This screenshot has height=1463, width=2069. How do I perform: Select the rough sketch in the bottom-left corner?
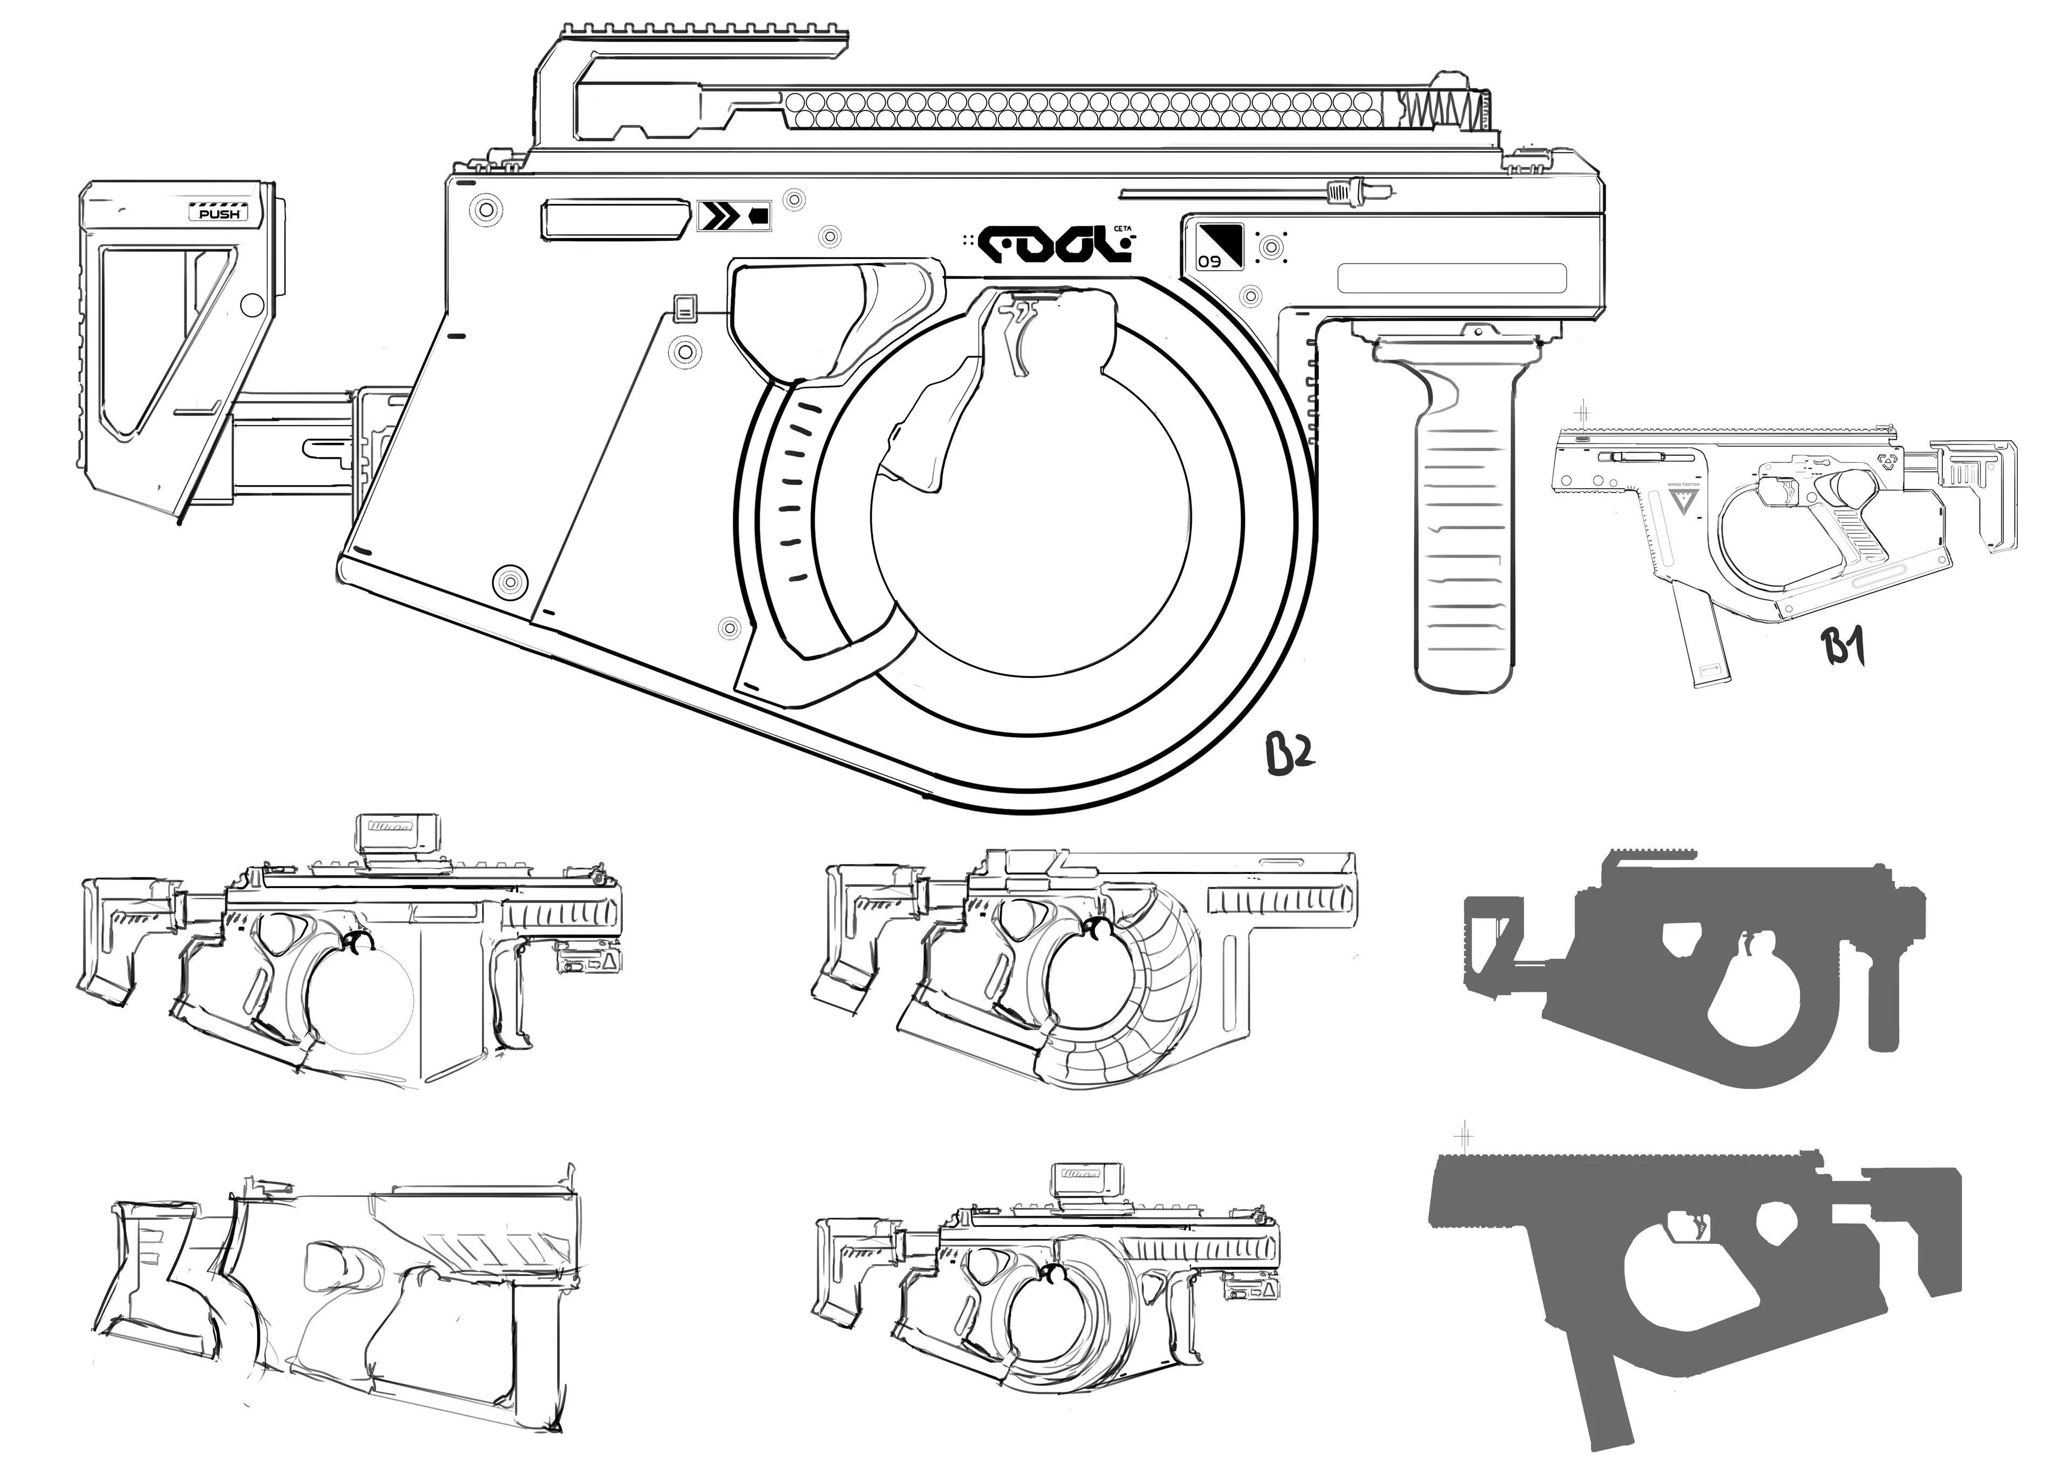tap(334, 1298)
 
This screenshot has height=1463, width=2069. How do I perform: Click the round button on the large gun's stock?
tap(253, 306)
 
